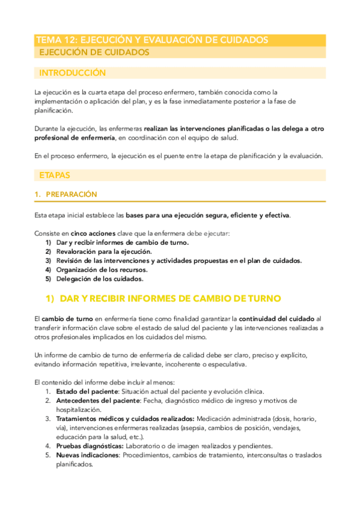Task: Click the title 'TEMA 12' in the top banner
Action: click(56, 40)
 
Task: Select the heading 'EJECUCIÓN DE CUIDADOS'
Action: click(94, 53)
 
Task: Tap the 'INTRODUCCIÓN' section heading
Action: click(72, 73)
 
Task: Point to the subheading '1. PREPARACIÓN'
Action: click(66, 195)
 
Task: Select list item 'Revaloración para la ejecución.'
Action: click(104, 251)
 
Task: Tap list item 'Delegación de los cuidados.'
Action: click(99, 279)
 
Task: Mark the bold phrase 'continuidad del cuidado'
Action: click(276, 318)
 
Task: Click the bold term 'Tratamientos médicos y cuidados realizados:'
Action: click(124, 419)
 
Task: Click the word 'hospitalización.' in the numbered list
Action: click(81, 409)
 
